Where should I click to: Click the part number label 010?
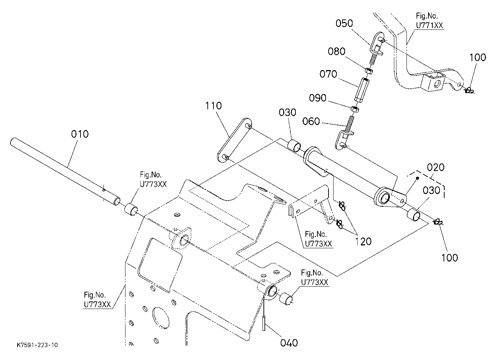[80, 134]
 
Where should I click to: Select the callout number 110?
[213, 106]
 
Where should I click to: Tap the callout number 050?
[344, 23]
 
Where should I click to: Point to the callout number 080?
[336, 51]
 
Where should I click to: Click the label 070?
[328, 74]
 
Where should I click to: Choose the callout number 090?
[317, 98]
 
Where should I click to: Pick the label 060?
[311, 121]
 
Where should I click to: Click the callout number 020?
[436, 167]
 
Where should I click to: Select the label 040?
[289, 343]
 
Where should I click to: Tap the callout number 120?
[363, 241]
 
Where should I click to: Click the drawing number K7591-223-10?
[37, 345]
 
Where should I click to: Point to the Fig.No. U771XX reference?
[430, 21]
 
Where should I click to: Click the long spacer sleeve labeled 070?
[362, 90]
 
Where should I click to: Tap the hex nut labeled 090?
[355, 109]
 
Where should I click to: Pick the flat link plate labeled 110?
[234, 140]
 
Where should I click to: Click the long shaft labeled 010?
[65, 172]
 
